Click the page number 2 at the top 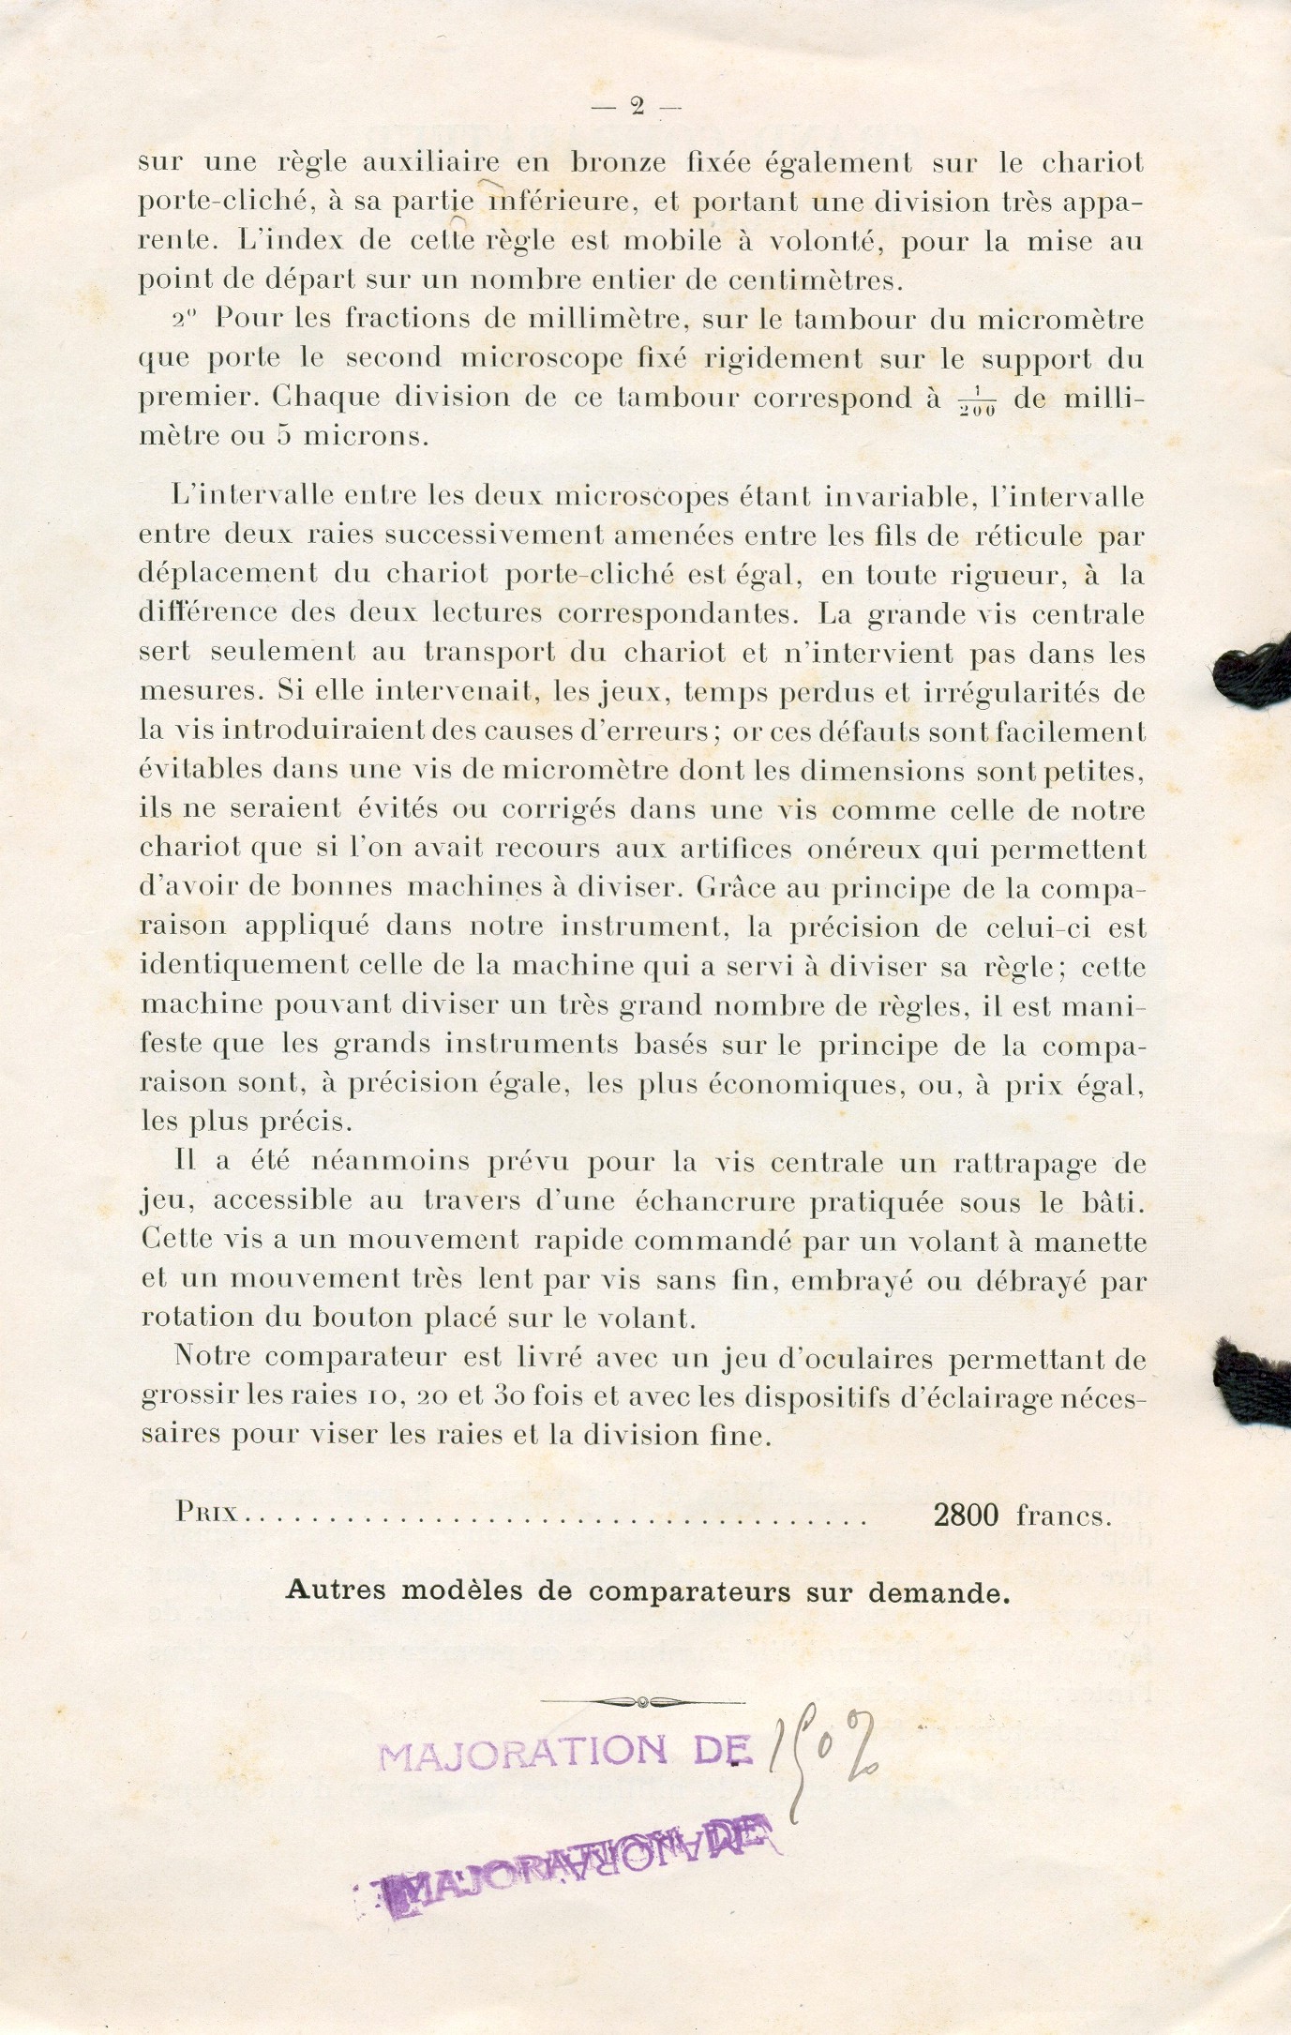point(637,107)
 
